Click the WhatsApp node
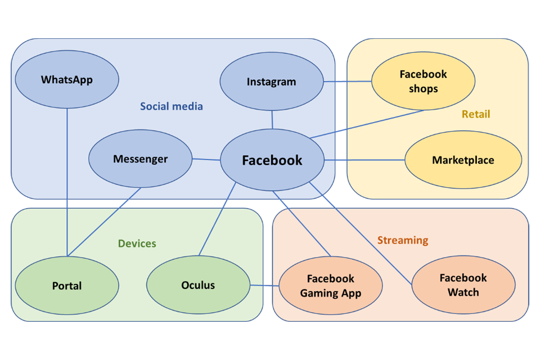pyautogui.click(x=66, y=80)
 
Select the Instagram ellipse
pyautogui.click(x=271, y=82)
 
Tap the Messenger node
pyautogui.click(x=140, y=159)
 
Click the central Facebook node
pyautogui.click(x=272, y=161)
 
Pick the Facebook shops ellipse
pyautogui.click(x=423, y=82)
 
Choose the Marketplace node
pyautogui.click(x=463, y=160)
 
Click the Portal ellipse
pyautogui.click(x=66, y=286)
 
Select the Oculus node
pyautogui.click(x=198, y=285)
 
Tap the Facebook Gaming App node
pyautogui.click(x=331, y=286)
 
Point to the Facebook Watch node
pyautogui.click(x=463, y=285)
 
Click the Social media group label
pyautogui.click(x=172, y=106)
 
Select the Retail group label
pyautogui.click(x=476, y=114)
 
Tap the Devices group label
pyautogui.click(x=137, y=244)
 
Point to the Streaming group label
pyautogui.click(x=403, y=240)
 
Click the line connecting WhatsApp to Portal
pyautogui.click(x=67, y=180)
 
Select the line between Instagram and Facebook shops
pyautogui.click(x=347, y=82)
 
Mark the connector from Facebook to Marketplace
pyautogui.click(x=364, y=160)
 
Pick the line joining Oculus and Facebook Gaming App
pyautogui.click(x=264, y=285)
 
